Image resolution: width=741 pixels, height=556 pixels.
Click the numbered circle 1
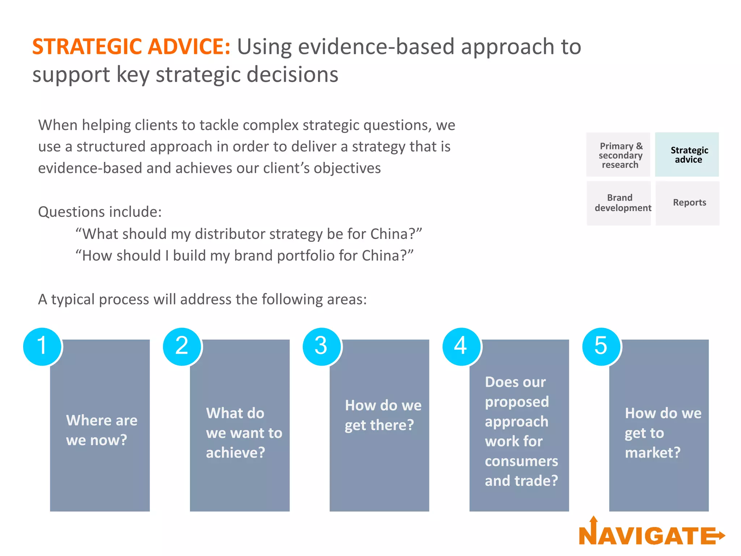click(42, 346)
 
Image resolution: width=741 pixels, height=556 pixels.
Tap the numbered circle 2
click(182, 346)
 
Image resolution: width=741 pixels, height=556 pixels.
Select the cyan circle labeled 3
click(322, 346)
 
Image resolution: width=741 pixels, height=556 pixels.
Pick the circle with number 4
click(461, 346)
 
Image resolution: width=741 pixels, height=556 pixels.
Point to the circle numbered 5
click(601, 346)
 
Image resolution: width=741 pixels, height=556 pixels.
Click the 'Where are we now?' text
click(101, 430)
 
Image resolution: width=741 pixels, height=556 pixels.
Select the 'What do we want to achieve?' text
click(243, 433)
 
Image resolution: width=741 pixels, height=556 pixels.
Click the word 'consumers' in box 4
click(521, 461)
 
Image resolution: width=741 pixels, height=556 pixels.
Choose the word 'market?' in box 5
click(652, 452)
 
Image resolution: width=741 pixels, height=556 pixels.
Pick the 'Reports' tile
click(689, 203)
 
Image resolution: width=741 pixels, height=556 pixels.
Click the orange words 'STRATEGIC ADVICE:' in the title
click(131, 47)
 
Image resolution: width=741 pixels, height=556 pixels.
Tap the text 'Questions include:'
click(100, 212)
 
